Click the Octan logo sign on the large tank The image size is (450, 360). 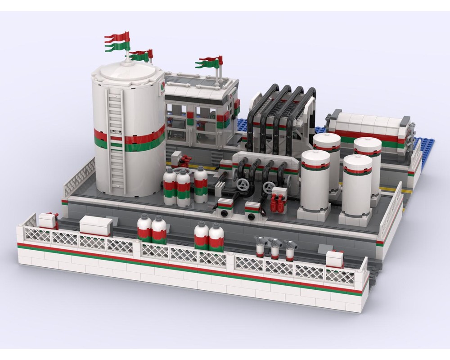161,88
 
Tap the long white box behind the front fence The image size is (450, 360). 96,225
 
